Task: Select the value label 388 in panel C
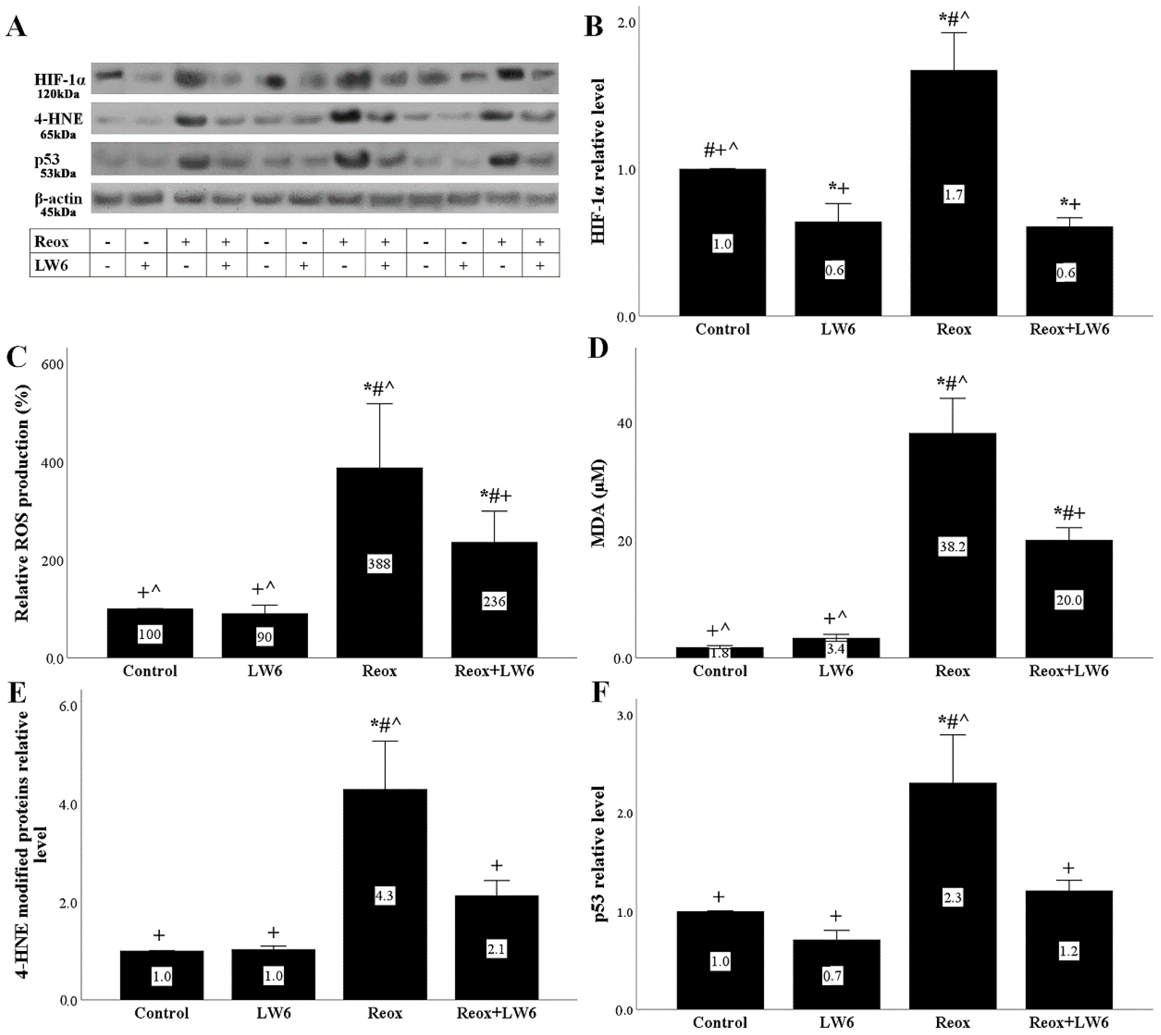[379, 564]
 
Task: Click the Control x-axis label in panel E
[161, 1013]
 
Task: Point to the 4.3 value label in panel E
[384, 896]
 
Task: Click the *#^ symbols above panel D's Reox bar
[952, 382]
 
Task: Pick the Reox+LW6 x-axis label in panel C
[494, 671]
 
